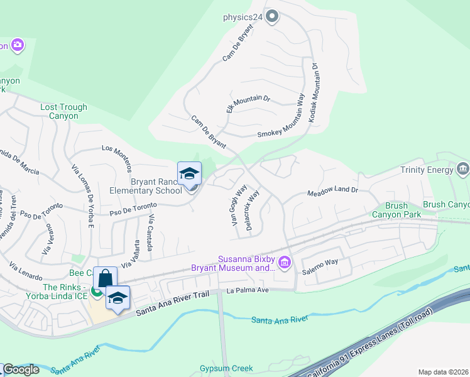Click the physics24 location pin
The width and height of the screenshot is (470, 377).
pos(271,16)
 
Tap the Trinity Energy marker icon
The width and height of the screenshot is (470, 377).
pos(464,169)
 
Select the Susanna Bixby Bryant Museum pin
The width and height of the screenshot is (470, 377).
pos(285,262)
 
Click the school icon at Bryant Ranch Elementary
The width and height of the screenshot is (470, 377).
pos(189,175)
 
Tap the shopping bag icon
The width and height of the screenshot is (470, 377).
pos(106,278)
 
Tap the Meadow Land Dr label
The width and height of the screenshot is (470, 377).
pos(332,191)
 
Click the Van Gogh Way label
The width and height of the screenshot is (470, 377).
pos(238,205)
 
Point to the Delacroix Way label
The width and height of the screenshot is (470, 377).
pos(253,211)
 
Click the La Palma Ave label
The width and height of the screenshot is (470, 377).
pos(248,290)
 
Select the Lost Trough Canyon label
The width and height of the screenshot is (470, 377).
pos(59,112)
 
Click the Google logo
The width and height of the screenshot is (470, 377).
pos(20,369)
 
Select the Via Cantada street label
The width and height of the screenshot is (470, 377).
pos(151,233)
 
